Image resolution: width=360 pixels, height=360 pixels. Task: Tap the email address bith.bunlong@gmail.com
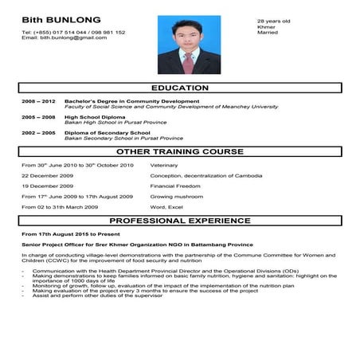point(64,37)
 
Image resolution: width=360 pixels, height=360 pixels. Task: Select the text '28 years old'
point(273,21)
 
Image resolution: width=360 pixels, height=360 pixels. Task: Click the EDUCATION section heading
point(179,88)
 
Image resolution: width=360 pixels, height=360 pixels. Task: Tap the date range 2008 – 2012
point(38,102)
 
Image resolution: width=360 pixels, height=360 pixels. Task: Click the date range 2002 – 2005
point(38,132)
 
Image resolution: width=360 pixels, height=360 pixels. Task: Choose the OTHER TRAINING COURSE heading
point(179,151)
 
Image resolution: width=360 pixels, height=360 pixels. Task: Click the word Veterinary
point(165,164)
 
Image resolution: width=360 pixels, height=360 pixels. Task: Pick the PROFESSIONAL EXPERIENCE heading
point(179,220)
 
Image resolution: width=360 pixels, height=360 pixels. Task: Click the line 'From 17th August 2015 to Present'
point(68,234)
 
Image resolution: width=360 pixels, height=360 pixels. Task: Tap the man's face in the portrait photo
point(189,37)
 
